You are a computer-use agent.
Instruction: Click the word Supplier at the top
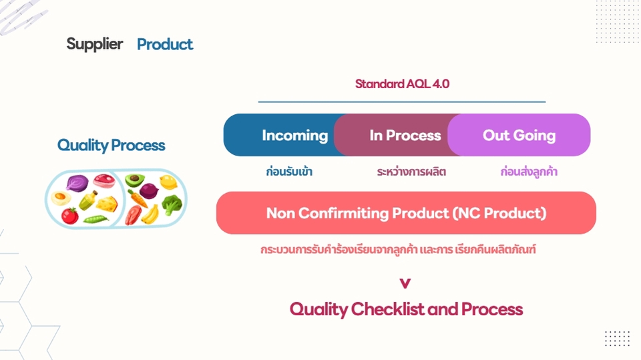pos(94,44)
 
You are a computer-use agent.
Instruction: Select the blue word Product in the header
pos(165,45)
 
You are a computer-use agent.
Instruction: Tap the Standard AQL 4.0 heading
pos(402,84)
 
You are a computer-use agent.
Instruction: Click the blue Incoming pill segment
pos(287,135)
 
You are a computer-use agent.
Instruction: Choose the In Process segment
pos(401,135)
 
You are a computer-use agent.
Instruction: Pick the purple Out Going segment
pos(519,135)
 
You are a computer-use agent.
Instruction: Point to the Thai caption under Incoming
pos(288,172)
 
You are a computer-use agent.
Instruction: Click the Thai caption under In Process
pos(411,172)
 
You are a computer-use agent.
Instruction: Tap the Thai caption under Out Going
pos(529,172)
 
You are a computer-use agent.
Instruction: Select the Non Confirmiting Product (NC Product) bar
pos(406,213)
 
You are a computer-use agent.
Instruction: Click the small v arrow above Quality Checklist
pos(405,283)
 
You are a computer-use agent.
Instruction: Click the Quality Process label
pos(111,146)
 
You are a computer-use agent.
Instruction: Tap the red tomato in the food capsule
pos(69,216)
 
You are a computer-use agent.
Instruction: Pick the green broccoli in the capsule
pos(172,204)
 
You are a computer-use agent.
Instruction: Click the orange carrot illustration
pos(138,198)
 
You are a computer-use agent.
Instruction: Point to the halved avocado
pos(135,180)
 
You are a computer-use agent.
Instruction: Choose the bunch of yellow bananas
pos(152,214)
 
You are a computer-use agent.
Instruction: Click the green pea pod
pos(93,219)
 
